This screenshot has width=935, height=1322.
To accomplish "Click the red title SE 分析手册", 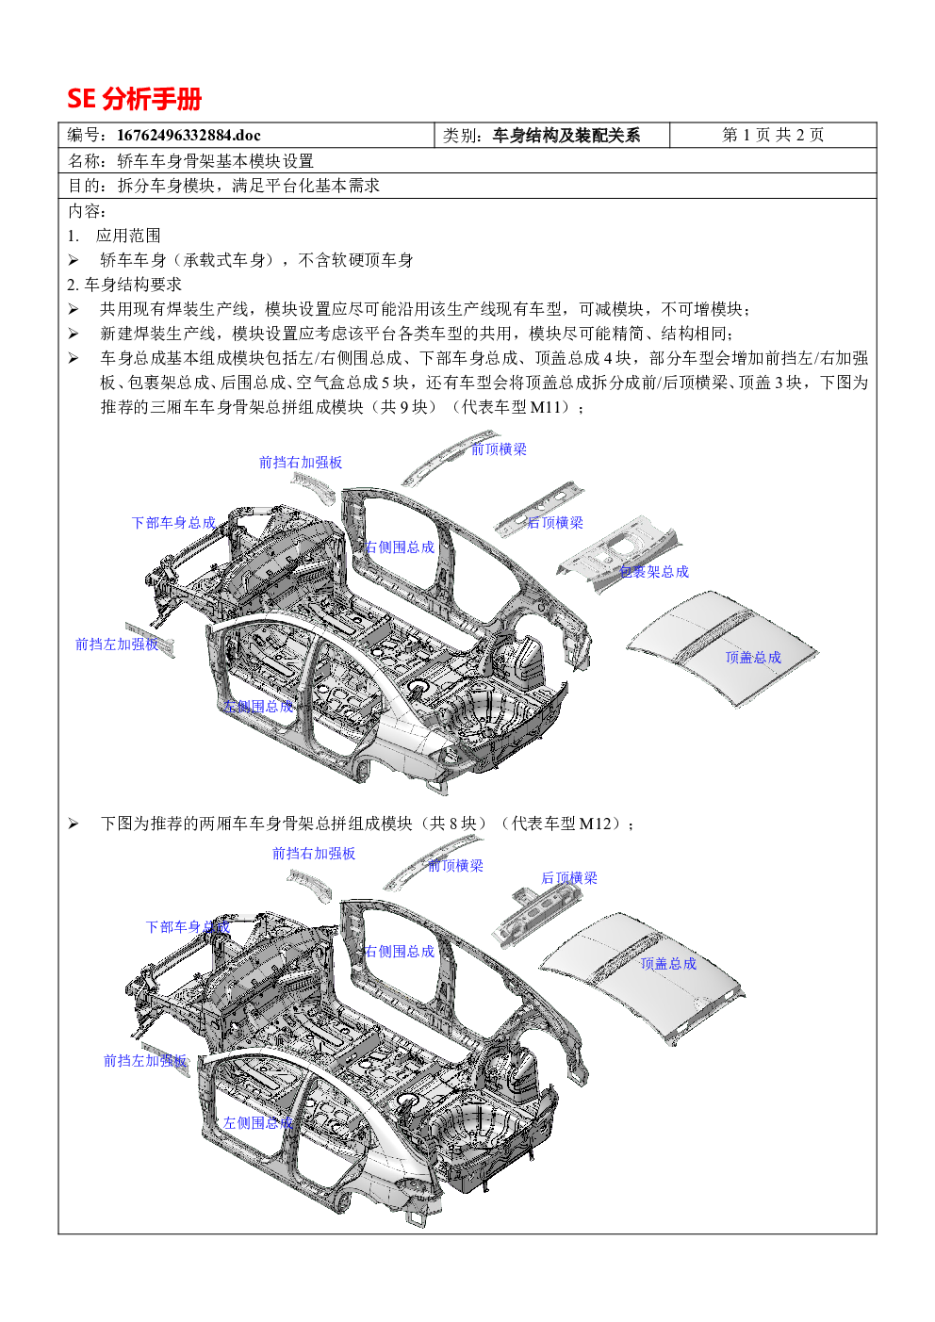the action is (x=134, y=99).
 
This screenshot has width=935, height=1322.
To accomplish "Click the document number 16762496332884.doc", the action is (x=189, y=135).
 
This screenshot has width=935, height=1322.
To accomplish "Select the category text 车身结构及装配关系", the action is (x=566, y=136).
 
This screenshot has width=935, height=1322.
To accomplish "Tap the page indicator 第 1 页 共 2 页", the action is (x=773, y=135).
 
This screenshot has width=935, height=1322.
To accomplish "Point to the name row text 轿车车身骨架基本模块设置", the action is (x=216, y=160).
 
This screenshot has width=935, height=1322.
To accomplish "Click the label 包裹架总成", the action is (x=654, y=571).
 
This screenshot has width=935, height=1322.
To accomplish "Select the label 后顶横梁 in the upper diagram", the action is (x=555, y=522).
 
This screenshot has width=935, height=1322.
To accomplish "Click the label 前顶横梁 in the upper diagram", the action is (x=499, y=449).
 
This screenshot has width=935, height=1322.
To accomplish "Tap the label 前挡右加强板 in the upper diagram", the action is (x=301, y=462).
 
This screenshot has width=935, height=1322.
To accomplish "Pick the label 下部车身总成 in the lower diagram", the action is (x=188, y=926).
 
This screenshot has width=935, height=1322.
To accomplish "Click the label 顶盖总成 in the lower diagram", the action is (x=668, y=964).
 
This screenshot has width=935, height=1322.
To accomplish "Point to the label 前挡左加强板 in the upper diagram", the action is (x=117, y=644).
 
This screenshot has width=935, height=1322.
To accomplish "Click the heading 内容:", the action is (x=87, y=211).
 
